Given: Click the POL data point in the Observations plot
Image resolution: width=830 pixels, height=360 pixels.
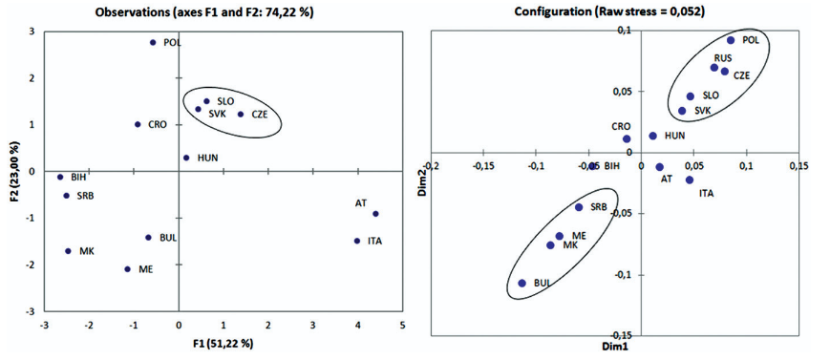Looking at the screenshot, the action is click(153, 42).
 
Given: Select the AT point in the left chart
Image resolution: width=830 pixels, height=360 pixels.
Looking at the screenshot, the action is click(375, 214).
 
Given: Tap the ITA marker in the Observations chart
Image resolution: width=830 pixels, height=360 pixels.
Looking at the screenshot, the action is click(357, 241).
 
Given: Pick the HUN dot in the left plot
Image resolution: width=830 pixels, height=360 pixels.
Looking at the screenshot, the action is click(186, 158).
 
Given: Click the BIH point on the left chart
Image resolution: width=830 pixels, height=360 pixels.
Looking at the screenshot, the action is click(60, 178).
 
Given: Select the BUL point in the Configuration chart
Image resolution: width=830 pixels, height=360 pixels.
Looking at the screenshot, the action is click(521, 284).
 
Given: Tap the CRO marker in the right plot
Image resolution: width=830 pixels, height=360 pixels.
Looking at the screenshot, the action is click(627, 138).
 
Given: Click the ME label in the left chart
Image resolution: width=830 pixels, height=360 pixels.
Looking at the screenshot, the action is click(145, 269).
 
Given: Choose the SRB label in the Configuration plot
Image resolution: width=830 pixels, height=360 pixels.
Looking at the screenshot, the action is click(598, 207).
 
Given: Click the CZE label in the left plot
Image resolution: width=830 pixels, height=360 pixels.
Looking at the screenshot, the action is click(260, 114).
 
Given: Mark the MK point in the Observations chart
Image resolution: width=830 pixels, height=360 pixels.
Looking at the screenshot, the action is click(68, 251).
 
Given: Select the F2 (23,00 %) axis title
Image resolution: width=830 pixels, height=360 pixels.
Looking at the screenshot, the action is click(20, 172).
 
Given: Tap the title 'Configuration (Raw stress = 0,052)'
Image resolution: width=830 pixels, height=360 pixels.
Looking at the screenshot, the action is click(610, 11).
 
